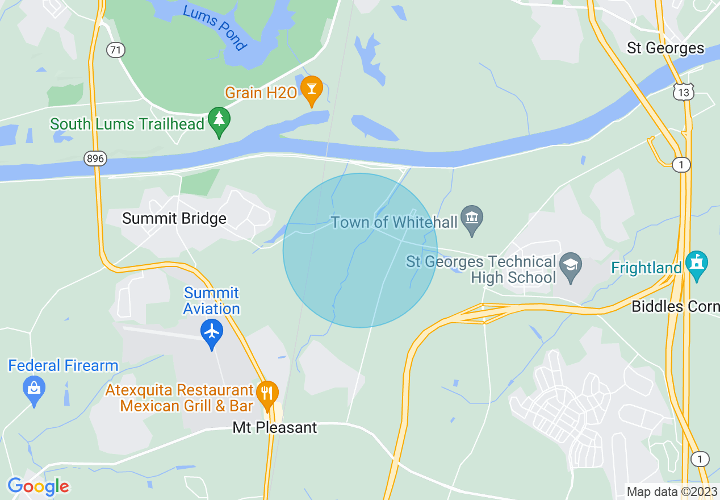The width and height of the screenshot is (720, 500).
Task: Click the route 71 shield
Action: pyautogui.click(x=115, y=50)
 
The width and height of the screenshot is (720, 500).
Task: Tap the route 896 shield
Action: pyautogui.click(x=95, y=159)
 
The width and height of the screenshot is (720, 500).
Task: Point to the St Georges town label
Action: pyautogui.click(x=665, y=48)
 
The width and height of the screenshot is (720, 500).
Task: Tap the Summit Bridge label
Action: pyautogui.click(x=174, y=219)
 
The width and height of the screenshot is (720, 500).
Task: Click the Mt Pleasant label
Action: pyautogui.click(x=275, y=427)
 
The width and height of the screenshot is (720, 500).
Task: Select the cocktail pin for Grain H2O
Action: pyautogui.click(x=311, y=90)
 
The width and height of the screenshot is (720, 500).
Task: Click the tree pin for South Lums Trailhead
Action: pyautogui.click(x=219, y=121)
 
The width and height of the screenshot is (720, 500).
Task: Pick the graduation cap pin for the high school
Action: pyautogui.click(x=571, y=265)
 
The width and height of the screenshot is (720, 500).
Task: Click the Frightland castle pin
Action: pyautogui.click(x=697, y=264)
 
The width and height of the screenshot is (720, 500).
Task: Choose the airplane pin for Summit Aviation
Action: pyautogui.click(x=212, y=332)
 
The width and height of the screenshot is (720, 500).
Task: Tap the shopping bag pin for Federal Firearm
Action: pyautogui.click(x=34, y=389)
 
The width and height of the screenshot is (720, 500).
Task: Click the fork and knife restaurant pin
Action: pyautogui.click(x=266, y=393)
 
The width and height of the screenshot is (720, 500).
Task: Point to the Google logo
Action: pyautogui.click(x=38, y=486)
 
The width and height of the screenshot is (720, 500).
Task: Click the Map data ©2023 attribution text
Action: pyautogui.click(x=672, y=491)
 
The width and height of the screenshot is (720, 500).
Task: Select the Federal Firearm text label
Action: pyautogui.click(x=63, y=365)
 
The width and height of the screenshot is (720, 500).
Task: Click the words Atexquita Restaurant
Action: pyautogui.click(x=179, y=390)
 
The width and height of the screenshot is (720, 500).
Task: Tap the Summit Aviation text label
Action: pyautogui.click(x=212, y=301)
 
